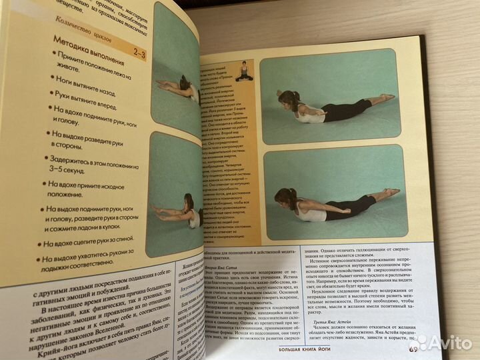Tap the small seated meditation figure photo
point(245,71)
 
